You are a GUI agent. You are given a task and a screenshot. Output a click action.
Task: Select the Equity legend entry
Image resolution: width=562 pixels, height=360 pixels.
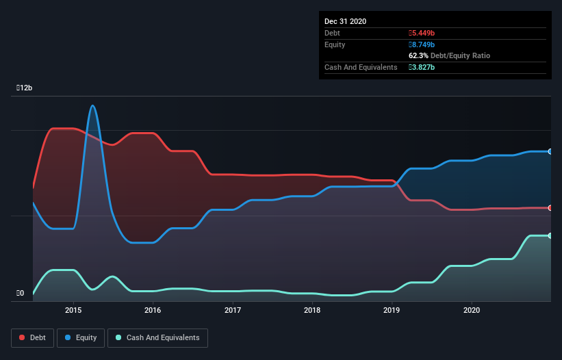click(81, 337)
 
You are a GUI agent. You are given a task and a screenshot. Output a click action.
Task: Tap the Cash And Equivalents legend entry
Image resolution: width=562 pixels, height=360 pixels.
click(157, 337)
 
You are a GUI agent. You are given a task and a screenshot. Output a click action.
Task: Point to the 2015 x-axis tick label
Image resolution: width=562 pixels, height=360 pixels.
click(73, 311)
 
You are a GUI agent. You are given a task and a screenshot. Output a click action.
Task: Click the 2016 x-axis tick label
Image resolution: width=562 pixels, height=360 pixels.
click(153, 311)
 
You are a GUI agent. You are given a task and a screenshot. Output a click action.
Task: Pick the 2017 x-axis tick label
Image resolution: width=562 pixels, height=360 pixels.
click(233, 311)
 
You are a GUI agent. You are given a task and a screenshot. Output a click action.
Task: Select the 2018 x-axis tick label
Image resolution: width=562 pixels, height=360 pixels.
click(312, 311)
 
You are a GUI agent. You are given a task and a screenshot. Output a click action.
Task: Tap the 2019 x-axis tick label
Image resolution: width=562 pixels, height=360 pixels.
click(392, 311)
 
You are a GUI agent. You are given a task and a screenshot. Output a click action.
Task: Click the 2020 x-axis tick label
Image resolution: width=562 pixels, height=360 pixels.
click(472, 311)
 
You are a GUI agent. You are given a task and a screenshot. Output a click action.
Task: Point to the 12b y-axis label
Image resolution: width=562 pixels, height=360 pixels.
click(25, 88)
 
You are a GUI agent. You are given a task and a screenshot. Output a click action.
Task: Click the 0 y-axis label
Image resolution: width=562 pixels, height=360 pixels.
click(21, 294)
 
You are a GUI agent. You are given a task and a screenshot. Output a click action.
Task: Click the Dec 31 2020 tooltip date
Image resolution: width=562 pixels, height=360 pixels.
click(345, 21)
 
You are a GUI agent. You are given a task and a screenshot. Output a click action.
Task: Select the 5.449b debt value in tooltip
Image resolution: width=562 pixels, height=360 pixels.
click(422, 33)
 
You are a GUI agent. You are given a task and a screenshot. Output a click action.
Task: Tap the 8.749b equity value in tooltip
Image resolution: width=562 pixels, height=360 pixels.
click(422, 44)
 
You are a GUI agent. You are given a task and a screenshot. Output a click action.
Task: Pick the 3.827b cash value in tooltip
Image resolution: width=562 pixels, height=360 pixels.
click(422, 67)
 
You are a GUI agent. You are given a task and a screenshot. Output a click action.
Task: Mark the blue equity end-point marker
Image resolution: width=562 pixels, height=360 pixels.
click(550, 151)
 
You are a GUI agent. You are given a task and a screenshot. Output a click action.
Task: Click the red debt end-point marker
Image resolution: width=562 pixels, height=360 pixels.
click(550, 207)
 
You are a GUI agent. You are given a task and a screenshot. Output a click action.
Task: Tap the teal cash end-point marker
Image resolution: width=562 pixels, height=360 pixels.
click(550, 235)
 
